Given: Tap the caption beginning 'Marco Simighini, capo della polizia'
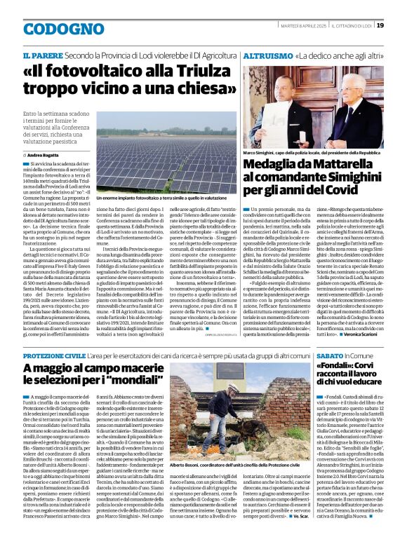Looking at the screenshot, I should (x=312, y=152).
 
